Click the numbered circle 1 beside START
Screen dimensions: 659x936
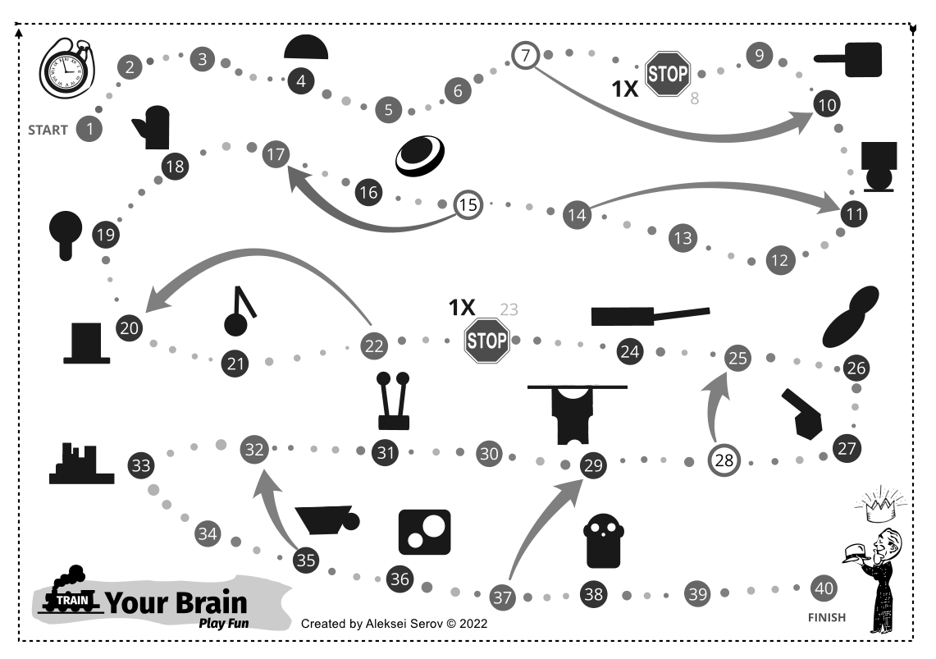(x=89, y=129)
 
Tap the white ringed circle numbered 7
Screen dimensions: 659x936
(x=526, y=56)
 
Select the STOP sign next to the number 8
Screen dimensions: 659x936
(x=668, y=74)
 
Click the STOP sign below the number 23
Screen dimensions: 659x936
(x=487, y=340)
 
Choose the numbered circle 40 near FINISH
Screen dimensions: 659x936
(x=824, y=588)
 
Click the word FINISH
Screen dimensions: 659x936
(x=826, y=617)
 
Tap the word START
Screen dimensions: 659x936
(x=48, y=130)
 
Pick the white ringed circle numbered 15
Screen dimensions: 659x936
(x=468, y=204)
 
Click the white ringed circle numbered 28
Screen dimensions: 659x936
(x=724, y=460)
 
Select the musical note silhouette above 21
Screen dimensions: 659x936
(x=239, y=312)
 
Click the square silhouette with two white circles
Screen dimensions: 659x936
(x=423, y=531)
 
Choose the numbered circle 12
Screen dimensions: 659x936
(x=779, y=261)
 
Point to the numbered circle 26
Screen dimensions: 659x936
(x=856, y=368)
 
